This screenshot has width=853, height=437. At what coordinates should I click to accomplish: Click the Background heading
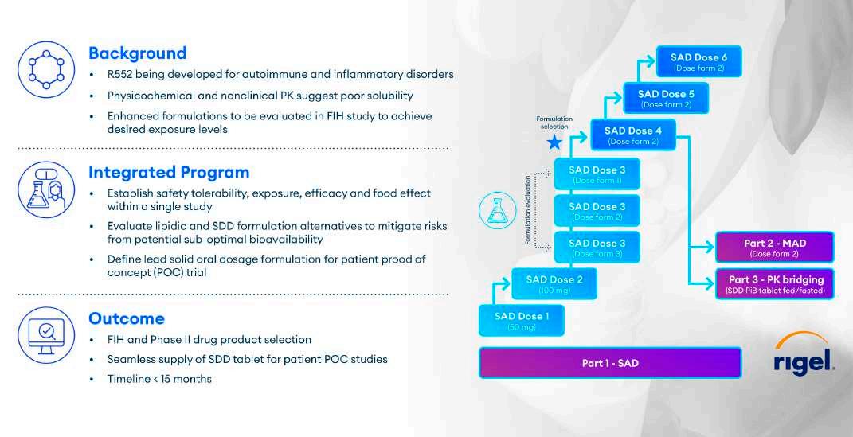click(137, 53)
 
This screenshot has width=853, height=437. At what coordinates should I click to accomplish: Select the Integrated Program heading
click(169, 172)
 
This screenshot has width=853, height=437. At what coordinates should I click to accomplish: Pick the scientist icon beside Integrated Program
click(46, 188)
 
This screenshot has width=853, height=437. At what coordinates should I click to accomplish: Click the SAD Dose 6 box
click(698, 61)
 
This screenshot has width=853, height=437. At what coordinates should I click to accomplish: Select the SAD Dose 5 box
click(666, 98)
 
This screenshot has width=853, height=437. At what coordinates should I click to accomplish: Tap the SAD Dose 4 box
click(633, 135)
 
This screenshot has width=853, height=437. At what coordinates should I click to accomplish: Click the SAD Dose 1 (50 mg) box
click(521, 321)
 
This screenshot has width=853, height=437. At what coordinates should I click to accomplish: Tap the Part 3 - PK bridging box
click(775, 284)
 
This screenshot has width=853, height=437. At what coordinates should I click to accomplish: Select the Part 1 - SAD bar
click(609, 363)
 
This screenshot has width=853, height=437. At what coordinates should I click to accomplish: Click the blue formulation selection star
click(554, 142)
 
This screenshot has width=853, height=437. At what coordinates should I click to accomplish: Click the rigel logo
click(804, 356)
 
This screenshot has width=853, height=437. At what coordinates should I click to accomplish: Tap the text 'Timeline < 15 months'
click(159, 379)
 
